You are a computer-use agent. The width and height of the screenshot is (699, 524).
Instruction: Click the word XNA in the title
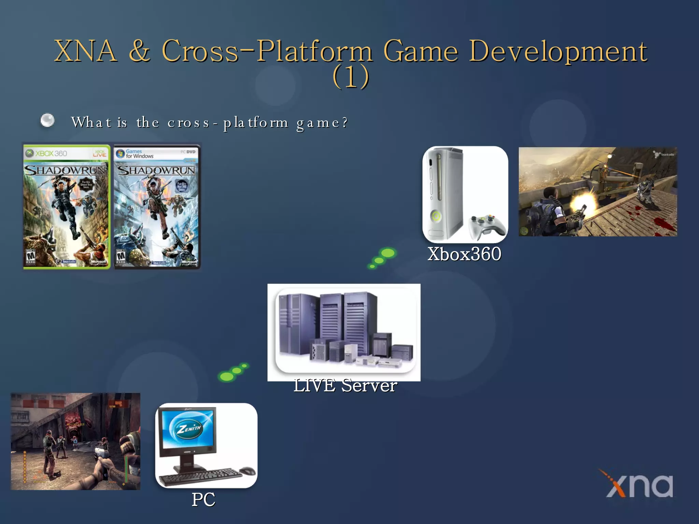pos(86,51)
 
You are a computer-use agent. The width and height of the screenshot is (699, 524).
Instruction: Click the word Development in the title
pos(558,52)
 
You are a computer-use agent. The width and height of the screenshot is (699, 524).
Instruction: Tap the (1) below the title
pos(351,77)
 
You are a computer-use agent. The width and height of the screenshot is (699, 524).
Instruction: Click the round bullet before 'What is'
pos(47,120)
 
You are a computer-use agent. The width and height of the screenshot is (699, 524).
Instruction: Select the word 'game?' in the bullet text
pos(322,122)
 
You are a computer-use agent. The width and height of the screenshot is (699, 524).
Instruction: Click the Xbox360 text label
pos(464,254)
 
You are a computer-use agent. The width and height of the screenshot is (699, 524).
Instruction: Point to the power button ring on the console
pos(436,217)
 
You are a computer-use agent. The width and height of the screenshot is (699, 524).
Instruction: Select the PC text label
pos(203,500)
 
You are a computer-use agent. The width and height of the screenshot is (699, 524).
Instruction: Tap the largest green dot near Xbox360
pos(388,253)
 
